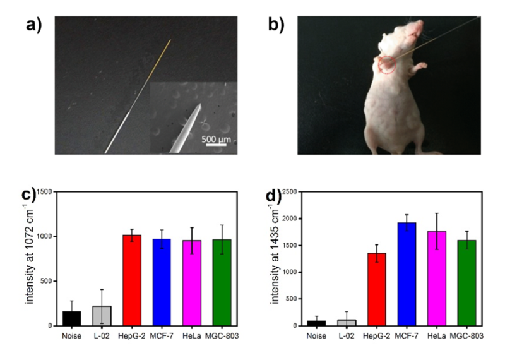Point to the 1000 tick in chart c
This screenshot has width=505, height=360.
(45, 236)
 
